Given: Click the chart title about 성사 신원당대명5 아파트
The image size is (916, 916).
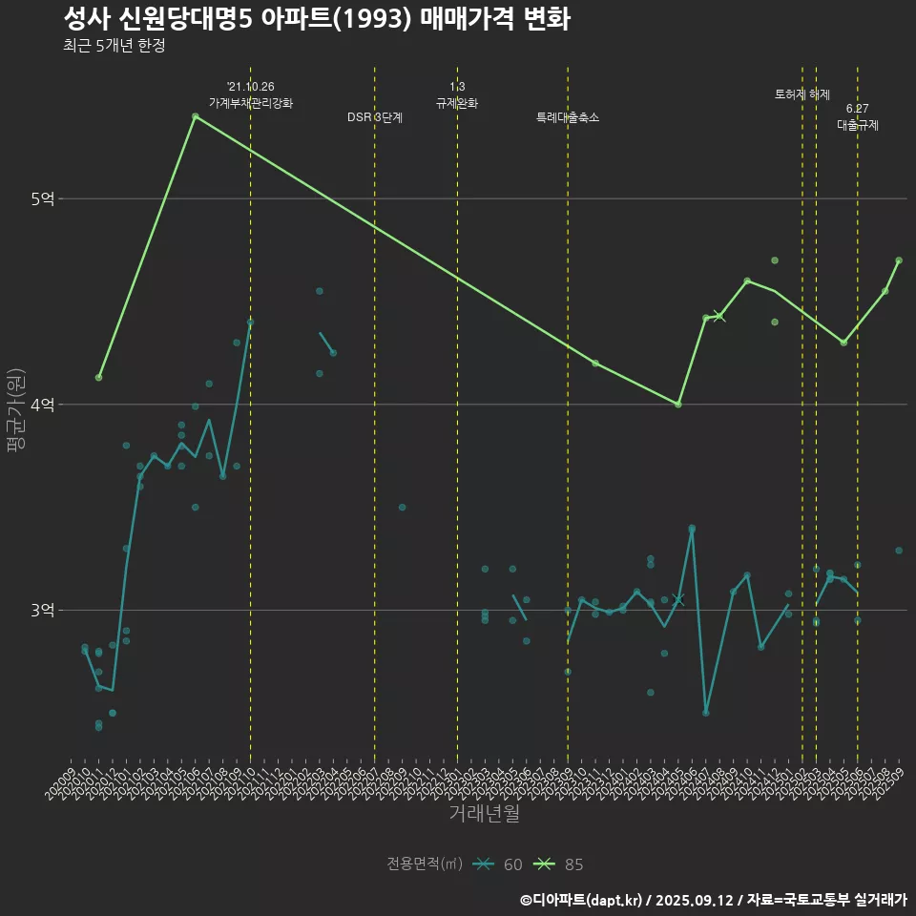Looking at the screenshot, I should click(316, 18).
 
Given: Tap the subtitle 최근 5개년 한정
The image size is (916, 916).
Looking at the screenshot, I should click(114, 46).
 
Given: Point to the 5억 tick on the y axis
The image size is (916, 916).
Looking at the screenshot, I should click(42, 198).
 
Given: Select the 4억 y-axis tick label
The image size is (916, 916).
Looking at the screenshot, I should click(42, 405).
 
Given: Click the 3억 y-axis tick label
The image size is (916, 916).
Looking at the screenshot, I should click(42, 611).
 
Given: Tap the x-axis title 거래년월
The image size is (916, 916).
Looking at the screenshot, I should click(485, 814).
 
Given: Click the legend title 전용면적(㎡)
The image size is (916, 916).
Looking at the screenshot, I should click(425, 864).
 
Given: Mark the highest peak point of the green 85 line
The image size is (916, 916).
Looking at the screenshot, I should click(195, 116).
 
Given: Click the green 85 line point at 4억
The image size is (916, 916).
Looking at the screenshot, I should click(678, 405).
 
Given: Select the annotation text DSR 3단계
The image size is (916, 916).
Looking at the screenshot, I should click(375, 117).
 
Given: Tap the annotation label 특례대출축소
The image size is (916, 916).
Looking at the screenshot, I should click(568, 117).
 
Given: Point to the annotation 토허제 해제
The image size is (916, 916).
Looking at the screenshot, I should click(802, 94).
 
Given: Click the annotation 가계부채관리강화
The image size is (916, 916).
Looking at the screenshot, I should click(251, 103).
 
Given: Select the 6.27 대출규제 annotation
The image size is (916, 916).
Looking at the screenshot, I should click(858, 116).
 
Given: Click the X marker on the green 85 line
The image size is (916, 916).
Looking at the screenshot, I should click(719, 316).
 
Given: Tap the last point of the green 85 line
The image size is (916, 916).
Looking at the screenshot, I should click(899, 260).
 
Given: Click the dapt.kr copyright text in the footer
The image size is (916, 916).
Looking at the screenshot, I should click(713, 900).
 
